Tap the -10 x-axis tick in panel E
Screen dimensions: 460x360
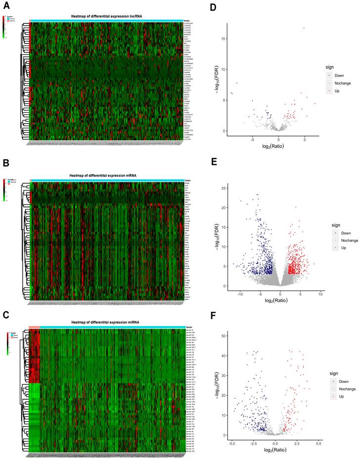click(240, 294)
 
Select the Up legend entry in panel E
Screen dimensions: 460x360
click(338, 247)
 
